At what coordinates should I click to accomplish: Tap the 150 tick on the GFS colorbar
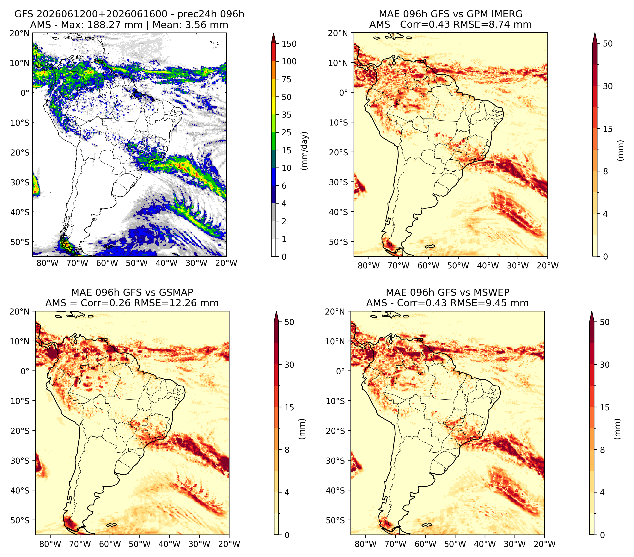click(x=289, y=44)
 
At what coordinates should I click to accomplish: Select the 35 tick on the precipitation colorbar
click(x=286, y=115)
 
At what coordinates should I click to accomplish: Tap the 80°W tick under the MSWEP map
click(x=366, y=544)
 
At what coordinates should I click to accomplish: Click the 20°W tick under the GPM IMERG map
click(x=547, y=266)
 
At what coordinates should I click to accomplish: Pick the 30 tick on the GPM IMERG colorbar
click(x=607, y=86)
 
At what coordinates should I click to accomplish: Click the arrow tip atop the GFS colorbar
click(x=273, y=33)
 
